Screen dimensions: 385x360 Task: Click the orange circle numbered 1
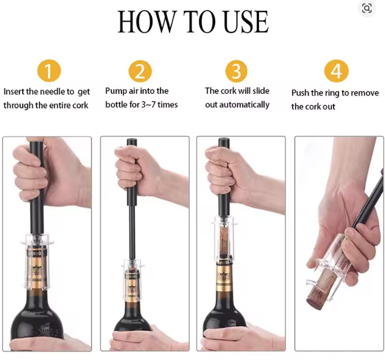pos(49,71)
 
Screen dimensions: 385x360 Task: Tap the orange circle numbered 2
pos(140,71)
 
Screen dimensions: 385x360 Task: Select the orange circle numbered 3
pos(236,71)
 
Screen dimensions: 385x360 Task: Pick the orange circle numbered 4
pos(337,71)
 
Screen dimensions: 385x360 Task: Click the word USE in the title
pos(246,22)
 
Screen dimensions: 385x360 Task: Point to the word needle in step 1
pos(53,92)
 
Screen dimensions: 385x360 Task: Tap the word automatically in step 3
pos(244,105)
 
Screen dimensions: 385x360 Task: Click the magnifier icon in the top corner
pos(367,9)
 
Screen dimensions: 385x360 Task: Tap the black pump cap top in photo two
pos(132,142)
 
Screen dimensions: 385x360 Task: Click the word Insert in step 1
pos(14,92)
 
